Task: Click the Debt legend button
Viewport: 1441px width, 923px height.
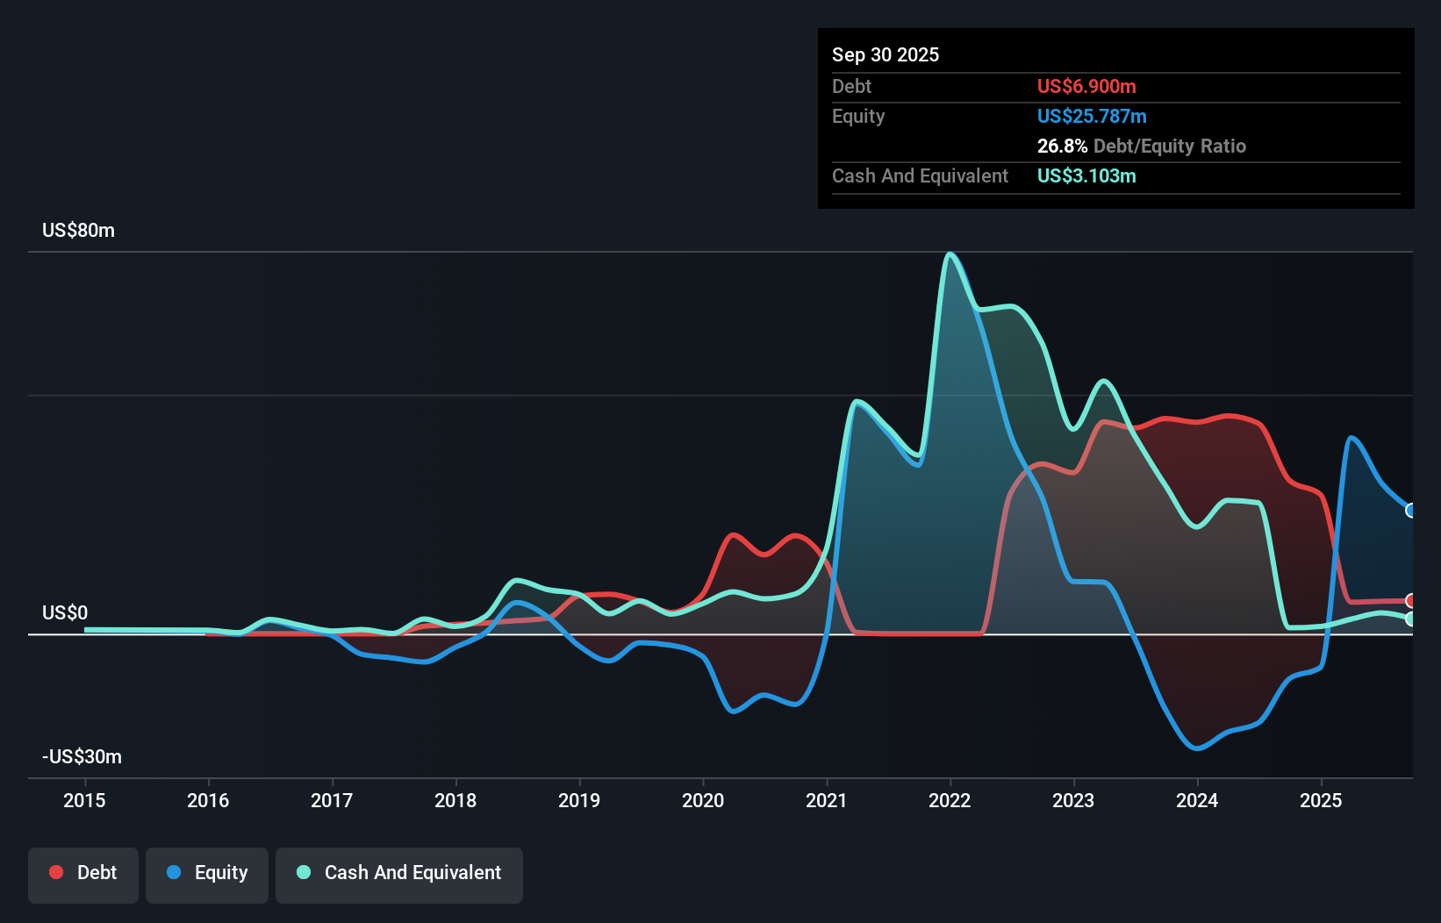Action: (83, 873)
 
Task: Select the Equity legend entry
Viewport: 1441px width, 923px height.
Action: (207, 873)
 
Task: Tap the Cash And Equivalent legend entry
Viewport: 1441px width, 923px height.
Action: (399, 873)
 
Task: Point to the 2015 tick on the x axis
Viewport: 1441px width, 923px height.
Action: (84, 800)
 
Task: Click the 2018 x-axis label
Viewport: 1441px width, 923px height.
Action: (455, 800)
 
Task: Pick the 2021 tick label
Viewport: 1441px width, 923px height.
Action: (827, 800)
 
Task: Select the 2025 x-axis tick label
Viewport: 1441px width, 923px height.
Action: (1321, 800)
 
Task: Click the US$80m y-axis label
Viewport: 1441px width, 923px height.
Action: (78, 231)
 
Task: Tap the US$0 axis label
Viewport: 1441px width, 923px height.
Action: (65, 612)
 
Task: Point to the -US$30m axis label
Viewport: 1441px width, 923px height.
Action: (82, 756)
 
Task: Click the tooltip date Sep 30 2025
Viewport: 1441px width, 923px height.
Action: (885, 54)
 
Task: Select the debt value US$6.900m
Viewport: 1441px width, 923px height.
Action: (1086, 86)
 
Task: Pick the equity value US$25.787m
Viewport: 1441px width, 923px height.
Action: (1092, 116)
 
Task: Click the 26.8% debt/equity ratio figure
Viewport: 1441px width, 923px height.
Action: (1062, 146)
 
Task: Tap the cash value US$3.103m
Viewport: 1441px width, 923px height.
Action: (1086, 175)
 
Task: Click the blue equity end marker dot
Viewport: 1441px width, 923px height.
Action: (1410, 511)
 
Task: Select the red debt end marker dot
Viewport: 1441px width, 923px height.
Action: (1410, 601)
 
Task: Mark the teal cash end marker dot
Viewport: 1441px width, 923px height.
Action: (1410, 619)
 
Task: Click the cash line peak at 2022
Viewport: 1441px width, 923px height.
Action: (950, 254)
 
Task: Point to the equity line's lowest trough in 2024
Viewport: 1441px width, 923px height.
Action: (1197, 748)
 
